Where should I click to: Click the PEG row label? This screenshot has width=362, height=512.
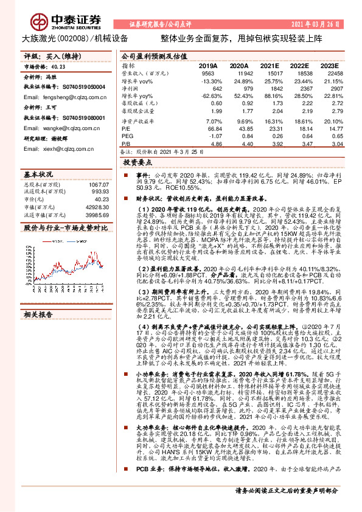tap(127, 137)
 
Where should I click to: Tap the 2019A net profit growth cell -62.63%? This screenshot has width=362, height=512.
tap(207, 95)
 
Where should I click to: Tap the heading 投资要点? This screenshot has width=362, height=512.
tap(137, 163)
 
